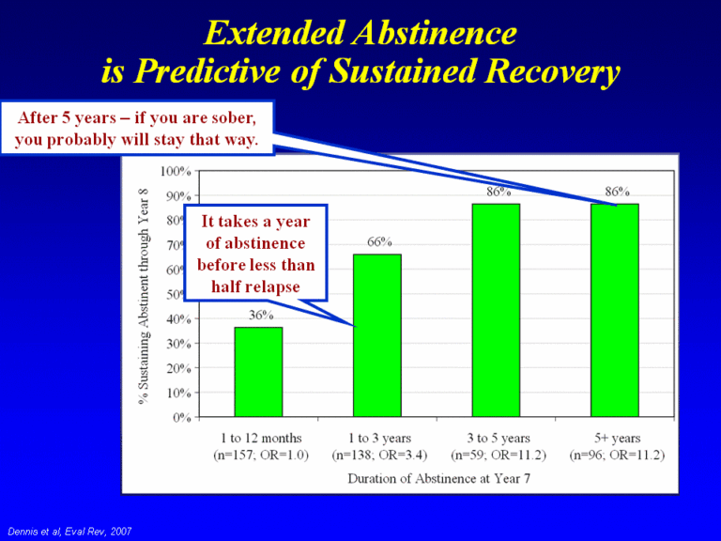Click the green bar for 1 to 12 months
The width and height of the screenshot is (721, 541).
click(258, 372)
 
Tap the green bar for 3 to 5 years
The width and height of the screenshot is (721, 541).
click(496, 310)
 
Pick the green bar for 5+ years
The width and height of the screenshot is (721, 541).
click(615, 310)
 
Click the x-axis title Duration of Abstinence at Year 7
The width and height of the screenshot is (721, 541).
click(437, 478)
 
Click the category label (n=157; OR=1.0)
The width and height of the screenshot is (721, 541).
click(258, 456)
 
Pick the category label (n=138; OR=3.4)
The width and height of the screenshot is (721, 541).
click(377, 456)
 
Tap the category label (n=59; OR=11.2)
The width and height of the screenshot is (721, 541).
click(498, 456)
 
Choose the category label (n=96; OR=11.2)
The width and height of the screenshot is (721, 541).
click(617, 456)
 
